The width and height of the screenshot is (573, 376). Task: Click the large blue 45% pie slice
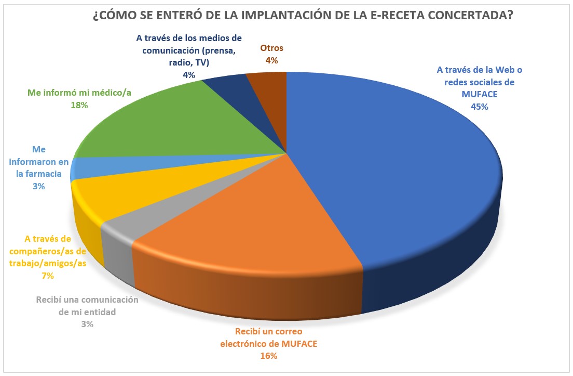coord(394,172)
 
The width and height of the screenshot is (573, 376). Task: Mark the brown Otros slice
coord(270,83)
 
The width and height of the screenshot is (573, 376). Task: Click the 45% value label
coord(480,107)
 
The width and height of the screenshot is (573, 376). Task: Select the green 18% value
coord(79,105)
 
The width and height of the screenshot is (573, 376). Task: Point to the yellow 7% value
coord(48,276)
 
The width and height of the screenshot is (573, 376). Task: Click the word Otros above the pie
coord(271,48)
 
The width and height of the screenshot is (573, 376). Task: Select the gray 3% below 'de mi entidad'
coord(87,324)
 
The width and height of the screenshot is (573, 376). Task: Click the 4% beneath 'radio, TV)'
coord(188,74)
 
